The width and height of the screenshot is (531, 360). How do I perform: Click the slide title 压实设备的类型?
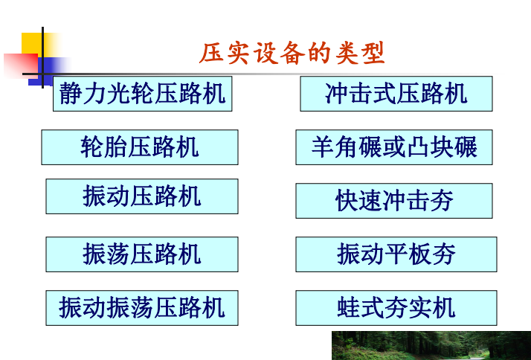(x=292, y=54)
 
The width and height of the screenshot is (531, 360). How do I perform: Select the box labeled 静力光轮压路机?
(x=142, y=94)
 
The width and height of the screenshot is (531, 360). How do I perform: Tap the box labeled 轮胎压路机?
(x=140, y=147)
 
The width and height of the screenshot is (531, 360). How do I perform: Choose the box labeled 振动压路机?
(x=142, y=196)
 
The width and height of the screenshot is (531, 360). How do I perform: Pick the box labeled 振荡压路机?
(x=142, y=254)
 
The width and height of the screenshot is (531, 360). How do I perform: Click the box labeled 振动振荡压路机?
(x=142, y=307)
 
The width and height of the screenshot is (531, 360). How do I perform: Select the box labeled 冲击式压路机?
(x=396, y=94)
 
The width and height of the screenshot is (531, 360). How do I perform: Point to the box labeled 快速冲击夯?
(x=394, y=201)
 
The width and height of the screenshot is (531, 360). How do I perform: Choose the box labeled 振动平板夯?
(x=396, y=254)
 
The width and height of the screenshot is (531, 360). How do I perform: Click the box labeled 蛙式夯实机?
(x=396, y=307)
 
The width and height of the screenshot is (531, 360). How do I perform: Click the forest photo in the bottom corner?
(x=431, y=346)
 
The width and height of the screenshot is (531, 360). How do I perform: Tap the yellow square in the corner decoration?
(x=33, y=45)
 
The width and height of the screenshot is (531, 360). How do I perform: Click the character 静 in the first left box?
(x=71, y=94)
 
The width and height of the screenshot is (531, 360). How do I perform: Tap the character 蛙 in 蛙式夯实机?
(x=349, y=307)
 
